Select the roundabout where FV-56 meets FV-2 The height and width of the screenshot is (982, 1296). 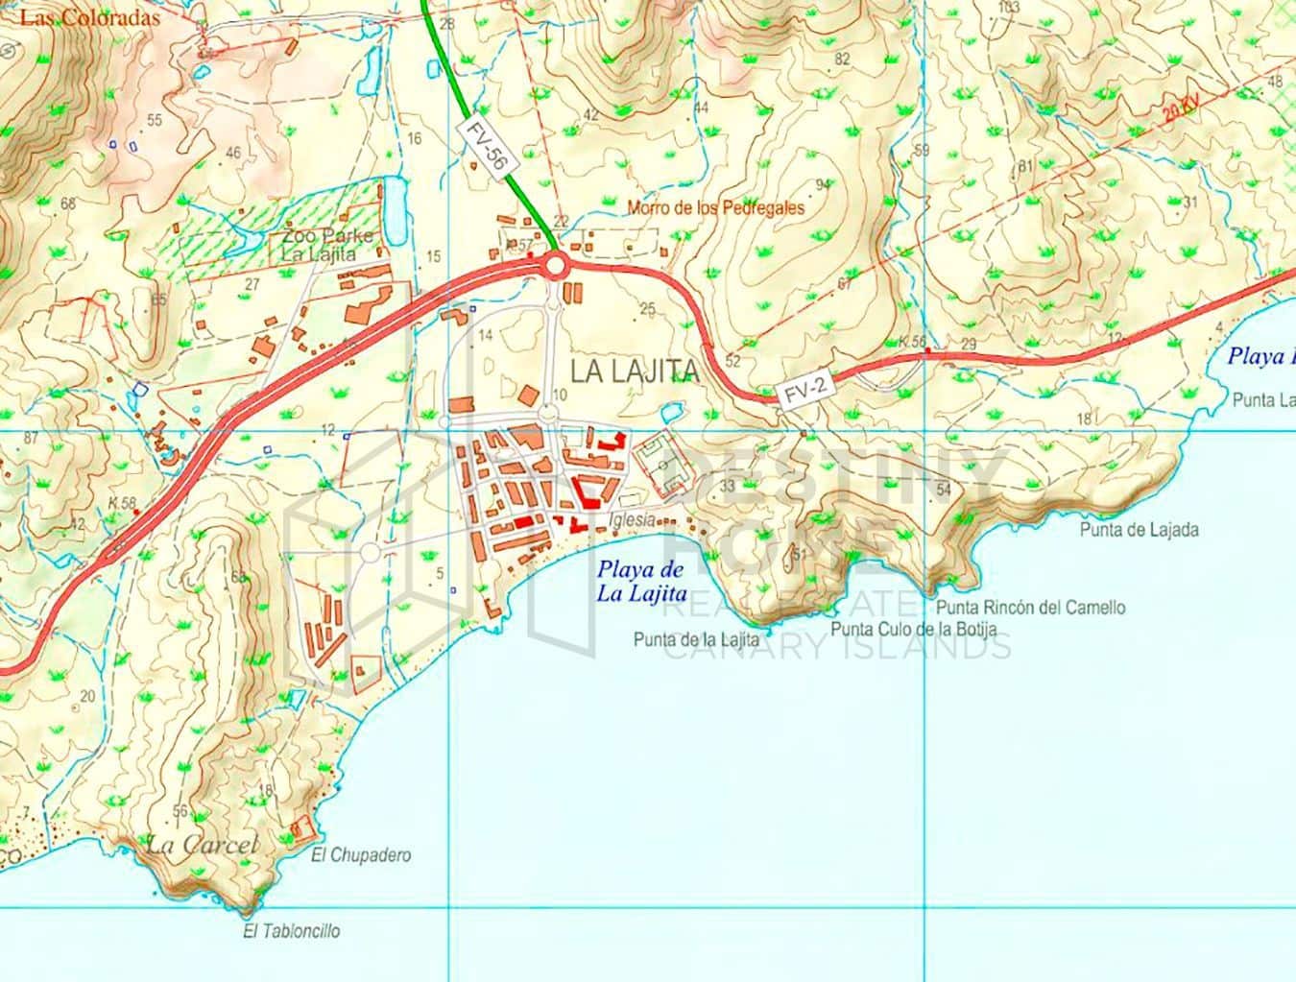point(555,265)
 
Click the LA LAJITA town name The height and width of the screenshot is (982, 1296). point(634,371)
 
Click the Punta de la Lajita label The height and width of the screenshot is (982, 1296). point(696,638)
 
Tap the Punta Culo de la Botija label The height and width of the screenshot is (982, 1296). point(914,630)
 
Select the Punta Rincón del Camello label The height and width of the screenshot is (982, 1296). point(1030,607)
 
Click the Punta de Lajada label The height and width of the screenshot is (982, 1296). point(1139,529)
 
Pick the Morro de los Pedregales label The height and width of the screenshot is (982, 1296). point(715,206)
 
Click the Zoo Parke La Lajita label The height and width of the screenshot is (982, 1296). point(319,246)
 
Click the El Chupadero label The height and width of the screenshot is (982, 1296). point(361,855)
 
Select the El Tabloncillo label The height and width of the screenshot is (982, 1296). point(292,930)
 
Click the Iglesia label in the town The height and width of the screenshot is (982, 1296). point(632,519)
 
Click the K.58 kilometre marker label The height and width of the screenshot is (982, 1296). point(122,503)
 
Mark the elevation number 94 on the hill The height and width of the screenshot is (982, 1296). point(823,184)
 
